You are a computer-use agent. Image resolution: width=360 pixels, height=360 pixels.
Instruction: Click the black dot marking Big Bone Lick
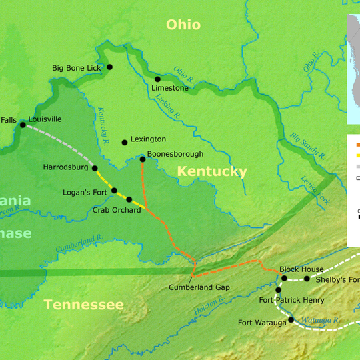109,67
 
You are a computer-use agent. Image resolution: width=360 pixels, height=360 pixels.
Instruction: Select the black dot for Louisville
23,125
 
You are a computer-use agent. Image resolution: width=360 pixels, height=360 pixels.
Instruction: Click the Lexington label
148,139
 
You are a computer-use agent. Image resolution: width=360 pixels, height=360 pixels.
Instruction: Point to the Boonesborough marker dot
143,159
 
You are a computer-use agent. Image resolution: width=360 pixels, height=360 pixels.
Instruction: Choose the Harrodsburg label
65,167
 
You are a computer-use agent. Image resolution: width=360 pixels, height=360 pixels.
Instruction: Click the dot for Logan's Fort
114,191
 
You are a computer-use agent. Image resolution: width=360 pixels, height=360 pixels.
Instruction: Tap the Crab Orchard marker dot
129,199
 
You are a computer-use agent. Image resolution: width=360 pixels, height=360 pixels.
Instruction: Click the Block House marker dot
284,278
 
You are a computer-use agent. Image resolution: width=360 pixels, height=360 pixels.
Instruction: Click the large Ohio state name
183,25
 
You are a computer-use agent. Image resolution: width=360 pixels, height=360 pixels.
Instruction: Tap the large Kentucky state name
212,172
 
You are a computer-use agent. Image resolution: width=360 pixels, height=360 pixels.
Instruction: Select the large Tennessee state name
83,305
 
